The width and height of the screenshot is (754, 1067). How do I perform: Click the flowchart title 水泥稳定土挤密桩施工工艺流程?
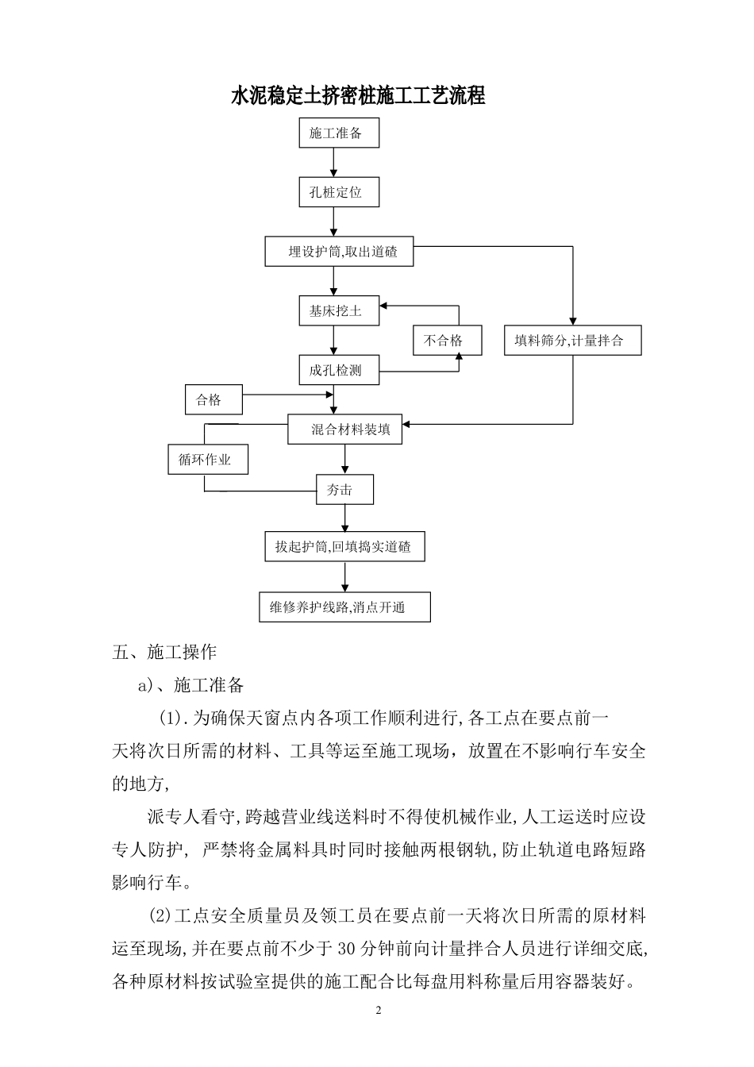[x=358, y=97]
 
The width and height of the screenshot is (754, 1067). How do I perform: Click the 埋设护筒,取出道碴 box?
[x=339, y=252]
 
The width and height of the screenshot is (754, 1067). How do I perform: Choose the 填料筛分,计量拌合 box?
[x=573, y=341]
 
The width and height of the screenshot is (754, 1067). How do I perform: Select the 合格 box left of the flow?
[x=214, y=400]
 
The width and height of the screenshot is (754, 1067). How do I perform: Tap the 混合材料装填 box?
[x=344, y=429]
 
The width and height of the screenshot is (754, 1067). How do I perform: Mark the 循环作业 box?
[x=208, y=460]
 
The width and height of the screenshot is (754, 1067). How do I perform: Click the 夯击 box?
[x=344, y=490]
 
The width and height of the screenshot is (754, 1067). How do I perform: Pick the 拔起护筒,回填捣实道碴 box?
[x=344, y=547]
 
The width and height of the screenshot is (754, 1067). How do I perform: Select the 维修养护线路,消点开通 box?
[x=344, y=607]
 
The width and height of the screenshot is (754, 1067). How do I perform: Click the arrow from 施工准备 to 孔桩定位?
[x=334, y=163]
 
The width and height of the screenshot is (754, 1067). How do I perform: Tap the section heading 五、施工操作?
[x=165, y=653]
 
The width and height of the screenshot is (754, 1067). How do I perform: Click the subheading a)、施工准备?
[x=191, y=685]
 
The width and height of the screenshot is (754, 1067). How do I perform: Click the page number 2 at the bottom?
[x=378, y=1011]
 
